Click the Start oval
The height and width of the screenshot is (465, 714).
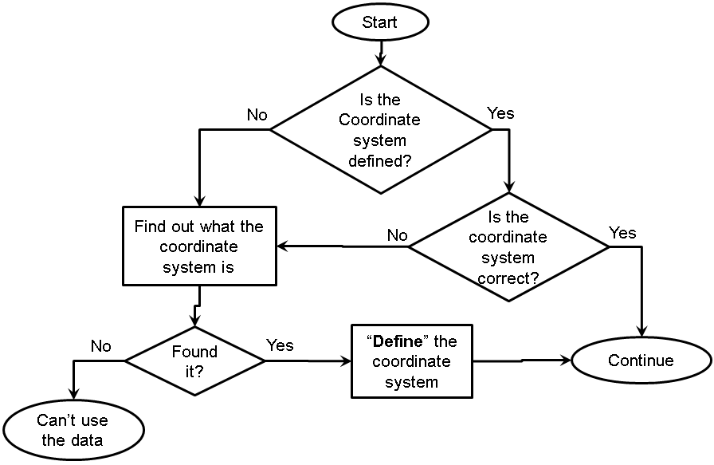coord(379,22)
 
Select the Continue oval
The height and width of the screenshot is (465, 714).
coord(641,361)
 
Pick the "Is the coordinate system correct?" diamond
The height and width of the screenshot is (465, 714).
coord(508,247)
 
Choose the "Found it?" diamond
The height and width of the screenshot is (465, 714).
coord(194,361)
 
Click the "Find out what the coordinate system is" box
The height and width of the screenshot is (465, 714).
coord(198,246)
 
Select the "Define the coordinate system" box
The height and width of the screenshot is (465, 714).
coord(412,361)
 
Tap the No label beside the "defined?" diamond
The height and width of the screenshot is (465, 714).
coord(257,115)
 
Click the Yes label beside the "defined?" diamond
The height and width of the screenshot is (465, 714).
coord(500,113)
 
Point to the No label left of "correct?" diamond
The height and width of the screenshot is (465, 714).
coord(397,234)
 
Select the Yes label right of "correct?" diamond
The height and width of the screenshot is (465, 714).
coord(622,232)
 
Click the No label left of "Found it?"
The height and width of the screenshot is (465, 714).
coord(100,346)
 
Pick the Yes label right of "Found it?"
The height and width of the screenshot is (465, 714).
coord(280,345)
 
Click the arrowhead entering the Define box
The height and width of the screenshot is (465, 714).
coord(346,361)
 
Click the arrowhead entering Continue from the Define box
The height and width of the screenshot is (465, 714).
coord(566,361)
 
